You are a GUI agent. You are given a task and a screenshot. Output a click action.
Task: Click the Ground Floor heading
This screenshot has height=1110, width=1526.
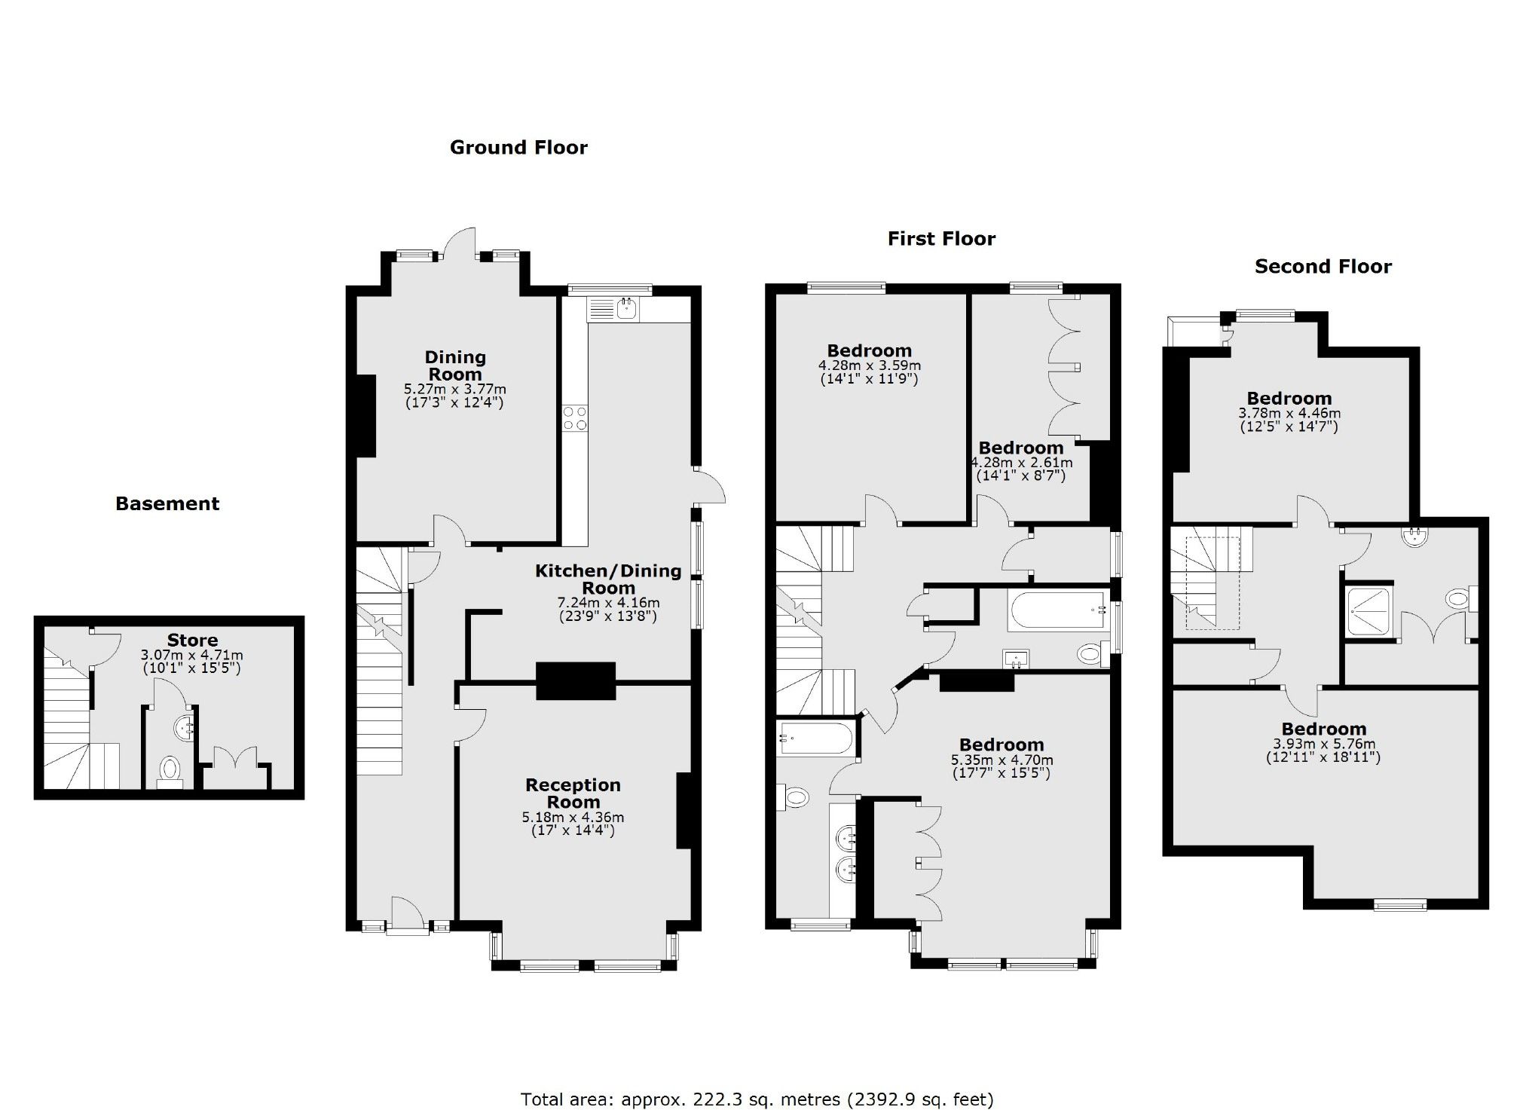tap(518, 147)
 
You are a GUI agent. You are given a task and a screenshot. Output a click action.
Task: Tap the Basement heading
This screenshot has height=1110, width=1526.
tap(167, 503)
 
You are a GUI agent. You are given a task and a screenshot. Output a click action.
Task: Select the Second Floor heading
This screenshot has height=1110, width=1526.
tap(1323, 266)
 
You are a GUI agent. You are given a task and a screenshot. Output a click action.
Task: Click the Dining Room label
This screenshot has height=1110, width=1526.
tap(454, 365)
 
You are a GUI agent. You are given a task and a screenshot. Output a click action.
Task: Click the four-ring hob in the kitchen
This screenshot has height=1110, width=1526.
tap(575, 418)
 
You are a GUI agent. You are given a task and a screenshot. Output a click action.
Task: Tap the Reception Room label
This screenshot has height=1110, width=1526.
tap(573, 793)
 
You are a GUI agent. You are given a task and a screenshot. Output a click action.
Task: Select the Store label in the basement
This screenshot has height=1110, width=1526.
tap(192, 641)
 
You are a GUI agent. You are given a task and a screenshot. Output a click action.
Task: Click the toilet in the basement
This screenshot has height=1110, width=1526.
tap(170, 770)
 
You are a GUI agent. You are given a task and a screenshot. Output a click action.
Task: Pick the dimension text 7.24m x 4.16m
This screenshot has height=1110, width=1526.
tap(607, 602)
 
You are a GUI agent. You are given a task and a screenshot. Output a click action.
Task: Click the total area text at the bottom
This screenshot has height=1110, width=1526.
tap(757, 1099)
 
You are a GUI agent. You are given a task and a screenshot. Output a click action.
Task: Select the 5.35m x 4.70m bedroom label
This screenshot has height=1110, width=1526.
tap(1001, 745)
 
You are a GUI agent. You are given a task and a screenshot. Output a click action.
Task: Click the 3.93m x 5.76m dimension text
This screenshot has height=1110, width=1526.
tap(1323, 744)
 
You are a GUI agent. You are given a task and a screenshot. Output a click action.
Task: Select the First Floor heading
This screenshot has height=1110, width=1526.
tap(941, 239)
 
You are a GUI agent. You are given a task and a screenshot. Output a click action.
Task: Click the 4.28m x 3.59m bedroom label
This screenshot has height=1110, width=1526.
tap(869, 350)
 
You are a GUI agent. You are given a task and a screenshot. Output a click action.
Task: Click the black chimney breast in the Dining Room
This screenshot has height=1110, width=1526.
tap(365, 416)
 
